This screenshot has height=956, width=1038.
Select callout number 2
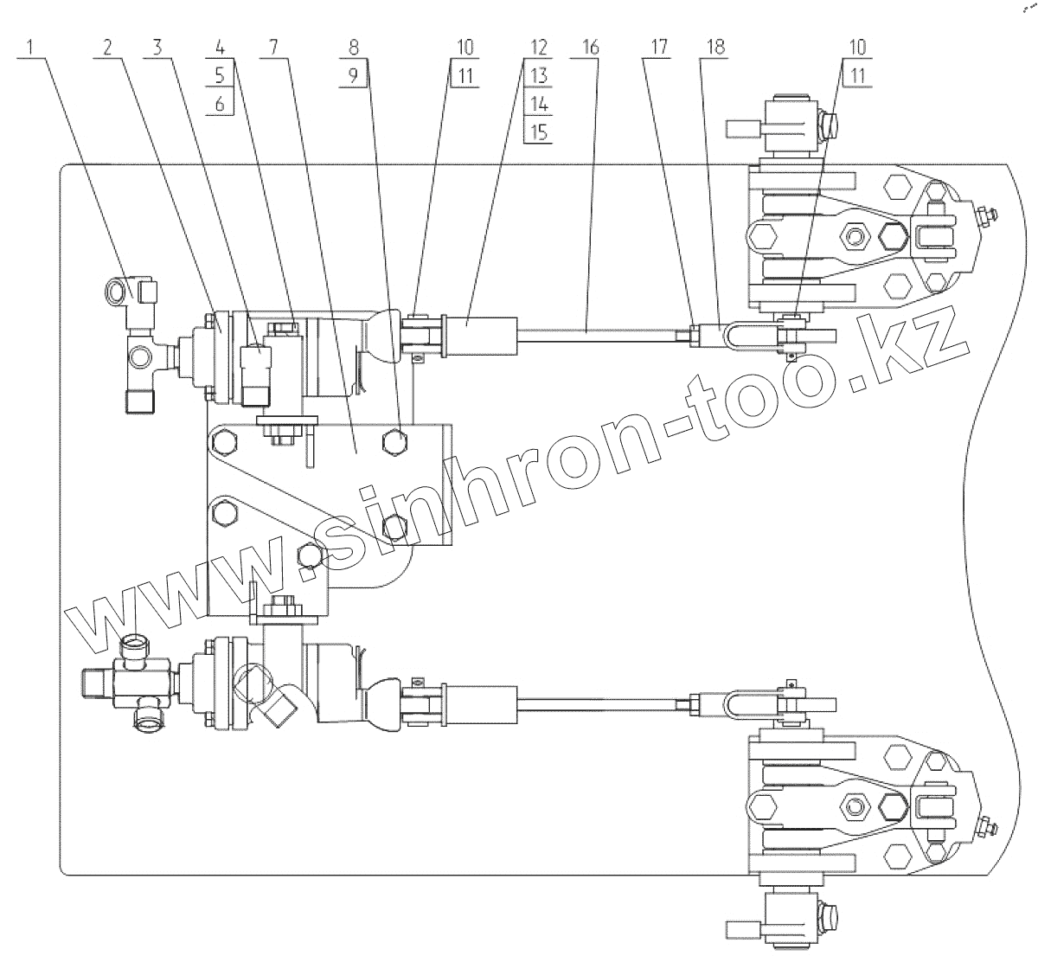click(x=107, y=48)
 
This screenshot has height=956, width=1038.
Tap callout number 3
click(x=158, y=48)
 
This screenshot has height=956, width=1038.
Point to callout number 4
click(x=220, y=48)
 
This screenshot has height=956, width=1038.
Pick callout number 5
click(x=220, y=75)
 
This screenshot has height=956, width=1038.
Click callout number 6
click(x=220, y=104)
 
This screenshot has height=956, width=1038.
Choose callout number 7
click(x=274, y=48)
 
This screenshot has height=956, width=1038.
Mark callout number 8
click(x=355, y=48)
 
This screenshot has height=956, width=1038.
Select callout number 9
click(x=355, y=75)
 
